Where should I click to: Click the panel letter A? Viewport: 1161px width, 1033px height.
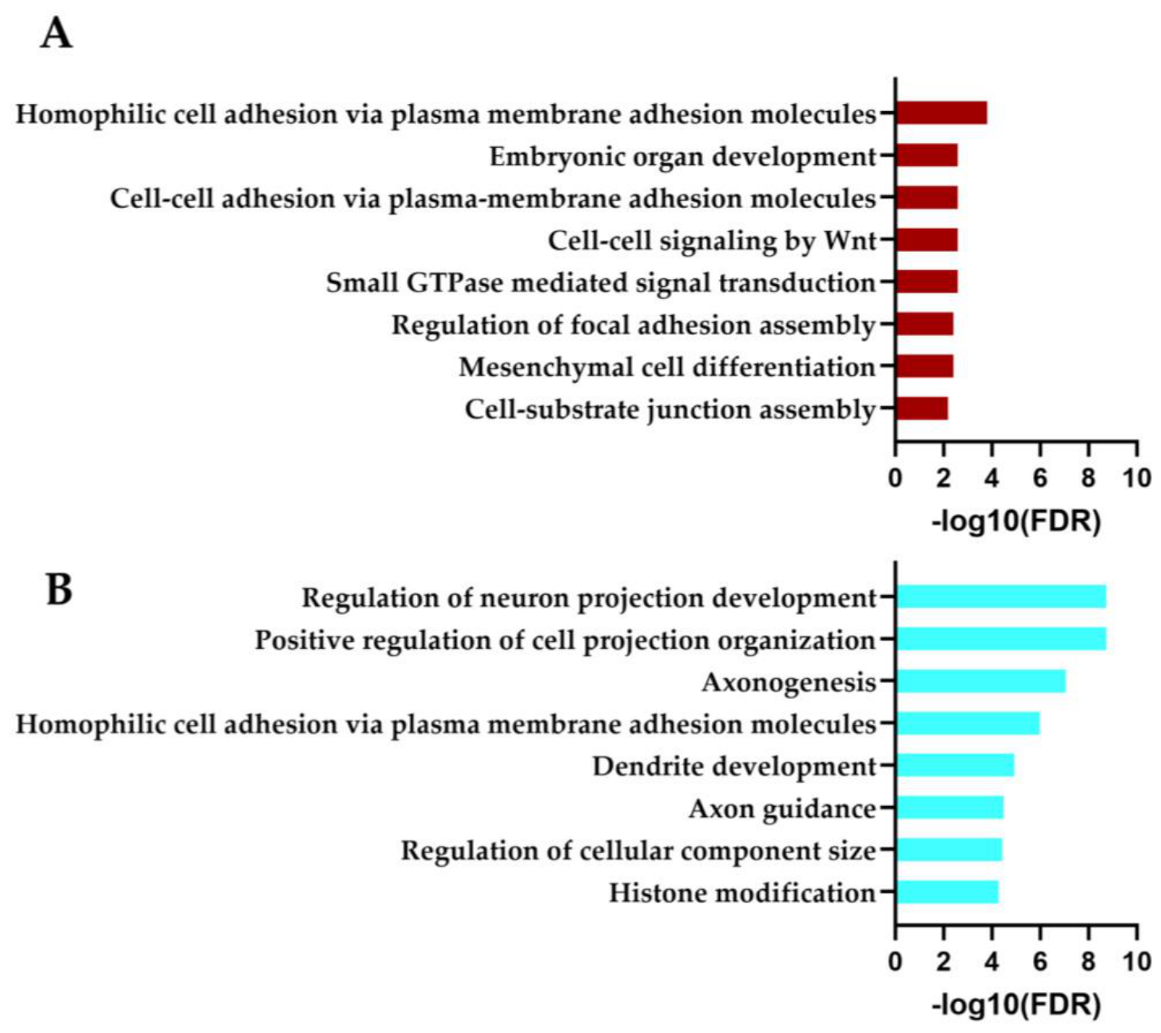click(x=56, y=34)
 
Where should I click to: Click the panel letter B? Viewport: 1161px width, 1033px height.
click(x=59, y=589)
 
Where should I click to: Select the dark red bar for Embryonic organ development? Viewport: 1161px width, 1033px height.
click(x=927, y=155)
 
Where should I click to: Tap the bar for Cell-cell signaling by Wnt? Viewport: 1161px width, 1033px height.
click(x=927, y=240)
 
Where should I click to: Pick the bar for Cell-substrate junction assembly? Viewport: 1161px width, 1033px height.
click(x=922, y=409)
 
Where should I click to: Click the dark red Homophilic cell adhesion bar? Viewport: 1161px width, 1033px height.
click(x=941, y=113)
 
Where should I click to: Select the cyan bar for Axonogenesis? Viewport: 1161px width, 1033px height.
click(x=981, y=681)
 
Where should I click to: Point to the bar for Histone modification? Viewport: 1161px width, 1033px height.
click(x=947, y=892)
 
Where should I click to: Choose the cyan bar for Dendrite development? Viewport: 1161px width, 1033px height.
click(x=956, y=766)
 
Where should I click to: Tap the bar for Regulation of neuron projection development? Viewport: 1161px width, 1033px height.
click(x=1001, y=596)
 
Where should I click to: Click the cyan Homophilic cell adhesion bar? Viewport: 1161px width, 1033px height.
click(x=968, y=724)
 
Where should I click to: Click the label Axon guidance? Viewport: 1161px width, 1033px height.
click(x=782, y=809)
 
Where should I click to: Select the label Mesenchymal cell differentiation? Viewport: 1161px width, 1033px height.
click(x=667, y=368)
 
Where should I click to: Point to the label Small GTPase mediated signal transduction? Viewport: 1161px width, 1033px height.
click(x=601, y=283)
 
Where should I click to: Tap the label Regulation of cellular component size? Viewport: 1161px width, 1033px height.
click(x=638, y=852)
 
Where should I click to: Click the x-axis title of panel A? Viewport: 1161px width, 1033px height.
click(x=1016, y=522)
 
